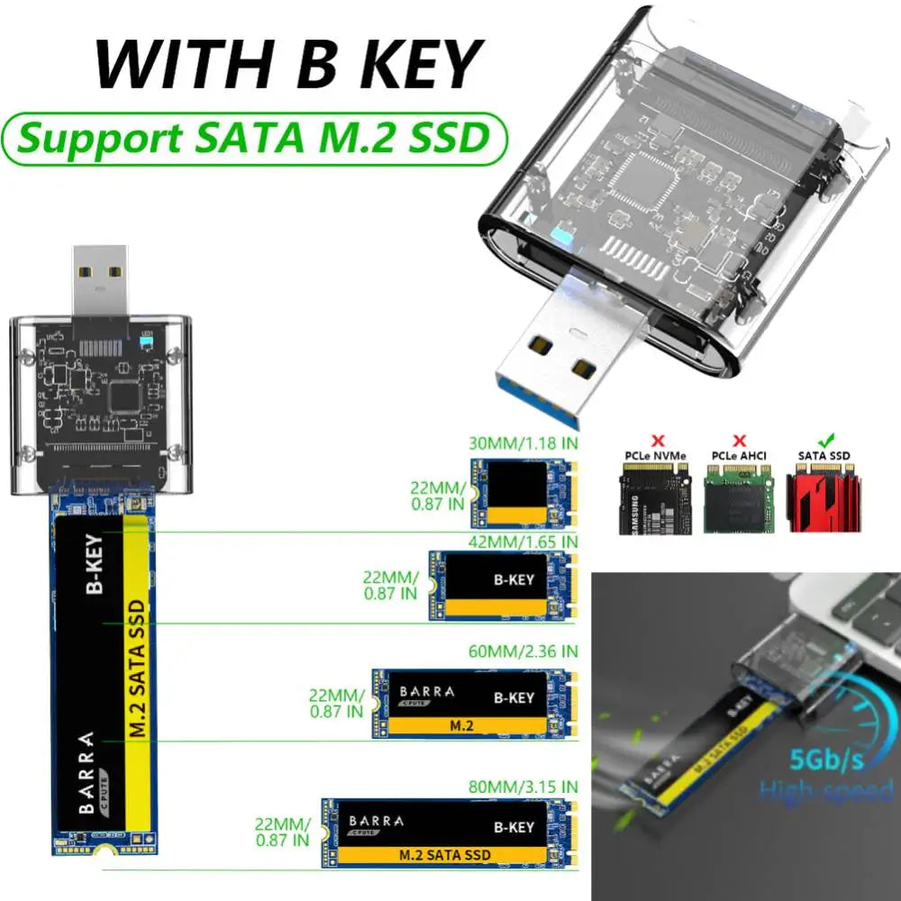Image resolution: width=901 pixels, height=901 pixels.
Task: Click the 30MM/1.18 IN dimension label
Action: coord(523,442)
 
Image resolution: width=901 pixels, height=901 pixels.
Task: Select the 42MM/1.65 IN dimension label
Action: coord(523,541)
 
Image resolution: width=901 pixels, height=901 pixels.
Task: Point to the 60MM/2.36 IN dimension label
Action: coord(523,651)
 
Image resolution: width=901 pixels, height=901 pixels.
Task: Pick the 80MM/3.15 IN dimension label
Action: coord(523,786)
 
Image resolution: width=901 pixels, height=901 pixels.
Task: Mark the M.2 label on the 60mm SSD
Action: coord(462,724)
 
